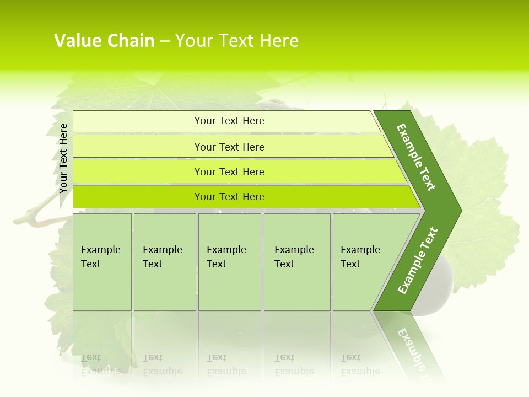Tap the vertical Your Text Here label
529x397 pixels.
coord(63,158)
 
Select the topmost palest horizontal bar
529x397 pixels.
coord(229,121)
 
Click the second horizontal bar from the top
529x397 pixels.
coord(229,147)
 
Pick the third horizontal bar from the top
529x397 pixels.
coord(229,171)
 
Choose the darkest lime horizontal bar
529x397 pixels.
coord(229,197)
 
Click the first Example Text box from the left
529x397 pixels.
coord(102,262)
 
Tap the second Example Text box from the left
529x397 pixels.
coord(164,262)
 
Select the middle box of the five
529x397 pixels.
coord(229,262)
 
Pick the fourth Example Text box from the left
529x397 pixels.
coord(296,262)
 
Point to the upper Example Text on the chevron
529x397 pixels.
coord(416,158)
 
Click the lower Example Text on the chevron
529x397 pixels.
coord(418,260)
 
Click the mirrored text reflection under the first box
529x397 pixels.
coord(101,364)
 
